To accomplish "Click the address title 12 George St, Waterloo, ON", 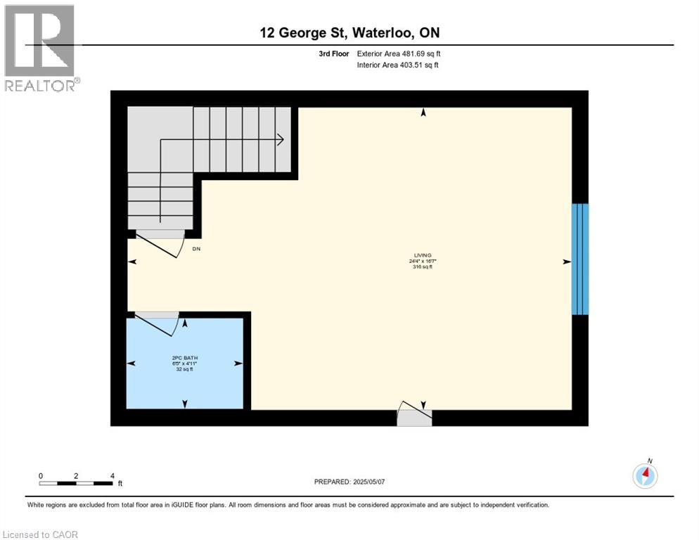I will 349,33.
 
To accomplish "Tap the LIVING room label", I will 423,255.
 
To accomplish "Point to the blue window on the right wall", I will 579,259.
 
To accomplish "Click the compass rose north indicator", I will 645,475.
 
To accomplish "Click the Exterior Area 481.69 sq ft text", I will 399,53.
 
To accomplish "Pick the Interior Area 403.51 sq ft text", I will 399,65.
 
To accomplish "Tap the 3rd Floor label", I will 335,53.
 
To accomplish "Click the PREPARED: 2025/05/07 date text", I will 349,482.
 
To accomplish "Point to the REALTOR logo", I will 40,48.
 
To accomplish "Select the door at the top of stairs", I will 160,243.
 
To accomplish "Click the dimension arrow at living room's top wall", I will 423,112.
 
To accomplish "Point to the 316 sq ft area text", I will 423,266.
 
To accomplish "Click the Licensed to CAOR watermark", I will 41,534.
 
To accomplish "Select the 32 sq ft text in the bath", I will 184,368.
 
